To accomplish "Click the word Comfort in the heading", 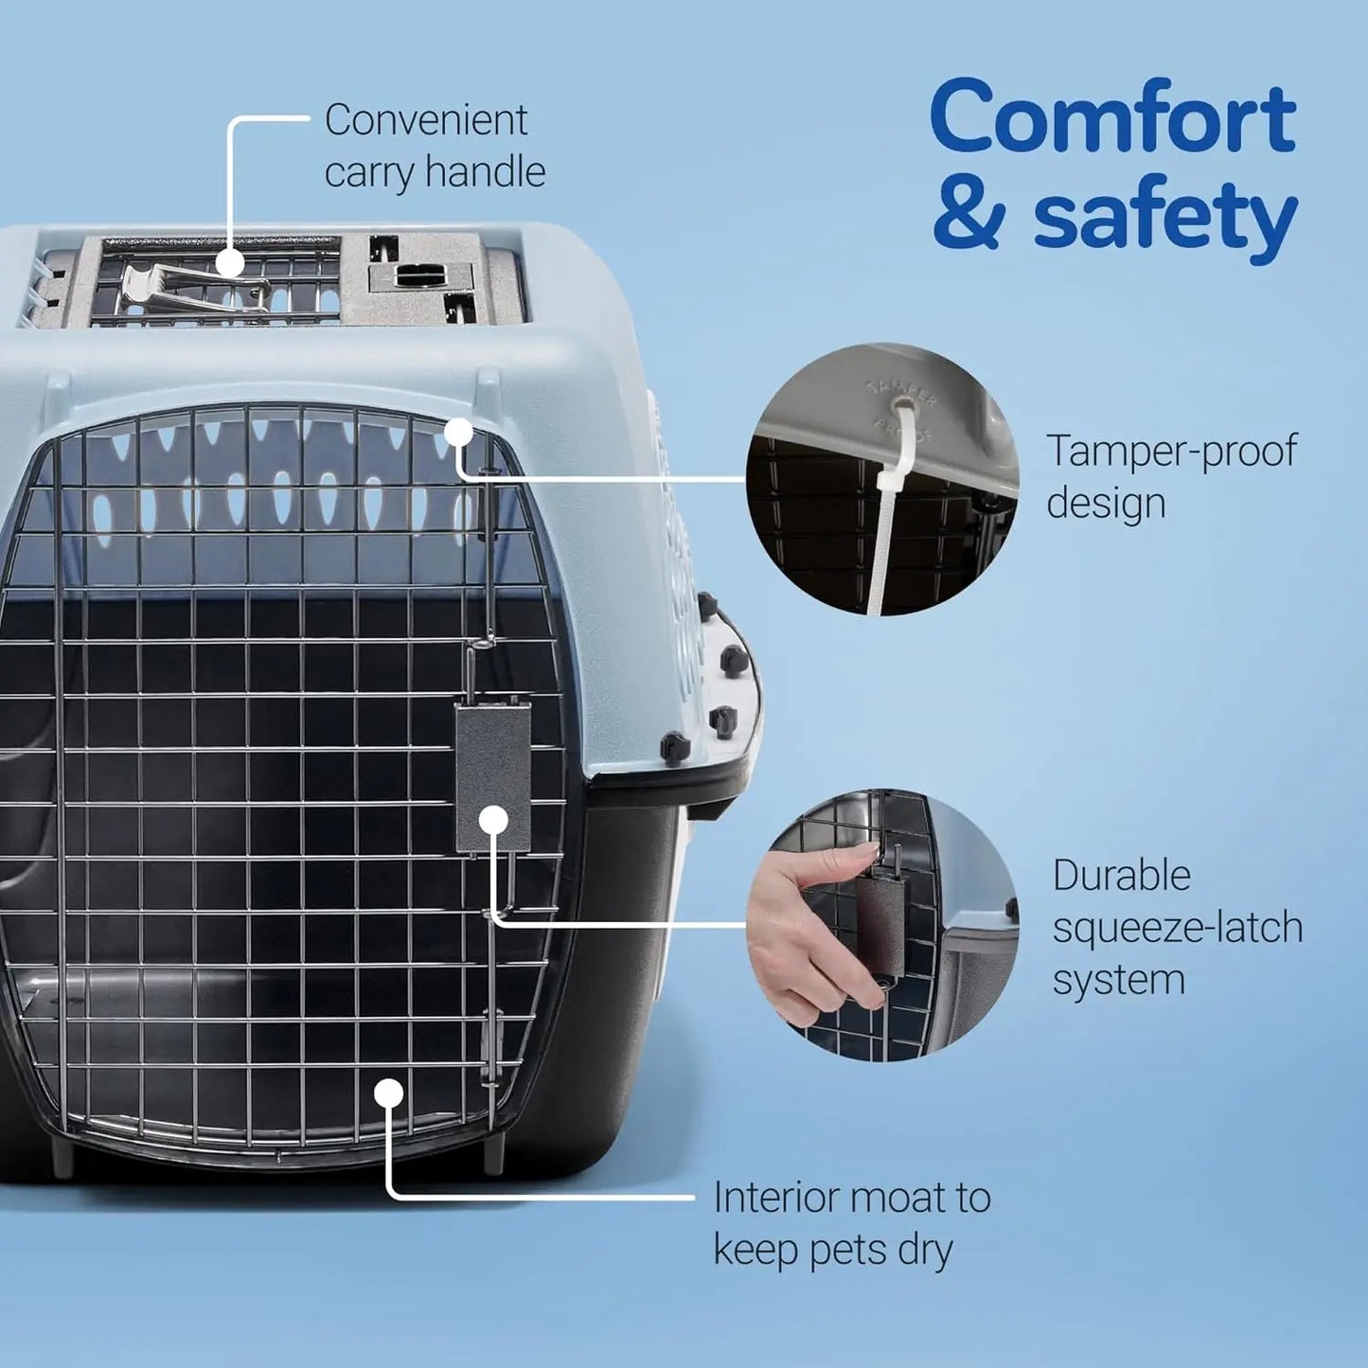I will [x=1112, y=117].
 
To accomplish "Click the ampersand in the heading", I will [x=967, y=218].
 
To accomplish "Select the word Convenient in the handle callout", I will [x=426, y=120].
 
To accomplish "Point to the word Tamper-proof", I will [x=1171, y=452].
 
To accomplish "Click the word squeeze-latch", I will [x=1178, y=928].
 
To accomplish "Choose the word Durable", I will [x=1121, y=876].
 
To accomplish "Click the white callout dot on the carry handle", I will [x=230, y=264].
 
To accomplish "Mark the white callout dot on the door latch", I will [x=493, y=820].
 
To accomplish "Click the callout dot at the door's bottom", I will [x=388, y=1093].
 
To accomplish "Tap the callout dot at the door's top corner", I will [x=458, y=433].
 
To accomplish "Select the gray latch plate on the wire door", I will [x=492, y=767].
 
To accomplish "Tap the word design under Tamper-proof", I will [x=1106, y=503].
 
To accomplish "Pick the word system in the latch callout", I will [x=1118, y=980].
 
